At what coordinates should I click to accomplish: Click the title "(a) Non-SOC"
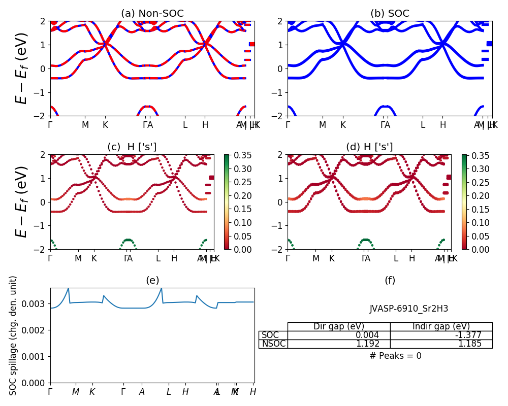152,14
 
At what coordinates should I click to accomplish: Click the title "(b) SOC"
390,14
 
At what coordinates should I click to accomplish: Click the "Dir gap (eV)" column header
339,327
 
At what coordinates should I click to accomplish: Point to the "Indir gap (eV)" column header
441,327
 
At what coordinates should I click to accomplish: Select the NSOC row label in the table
273,344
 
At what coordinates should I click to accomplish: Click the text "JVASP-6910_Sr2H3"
408,309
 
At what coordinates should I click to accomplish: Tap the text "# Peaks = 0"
395,356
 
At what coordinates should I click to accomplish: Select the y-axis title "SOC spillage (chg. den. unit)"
14,335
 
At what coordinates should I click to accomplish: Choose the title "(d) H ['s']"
369,147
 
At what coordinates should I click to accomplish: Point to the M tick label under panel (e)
76,392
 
